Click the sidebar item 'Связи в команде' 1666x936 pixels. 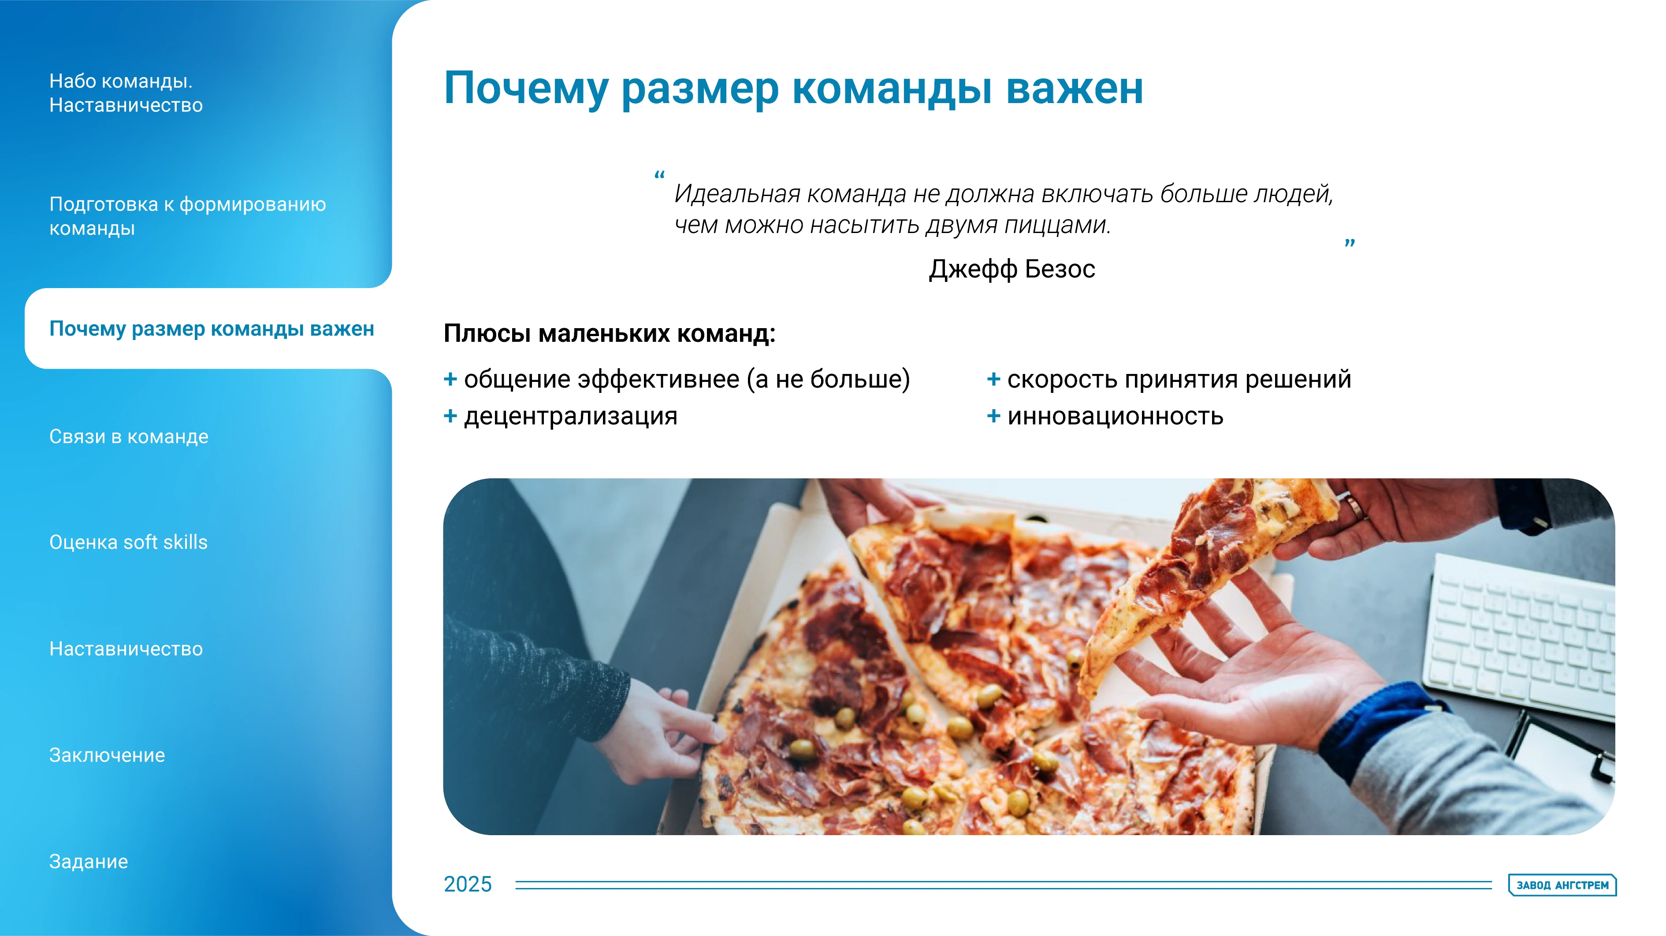(129, 437)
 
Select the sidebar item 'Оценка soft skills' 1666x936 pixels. (128, 542)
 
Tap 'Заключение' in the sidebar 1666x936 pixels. (107, 755)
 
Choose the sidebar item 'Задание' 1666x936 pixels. (89, 862)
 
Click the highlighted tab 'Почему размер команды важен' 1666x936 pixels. (212, 329)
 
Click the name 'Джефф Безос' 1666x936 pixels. (1012, 269)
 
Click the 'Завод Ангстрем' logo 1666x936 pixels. (1562, 885)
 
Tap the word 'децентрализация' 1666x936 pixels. (570, 416)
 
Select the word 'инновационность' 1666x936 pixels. (1115, 416)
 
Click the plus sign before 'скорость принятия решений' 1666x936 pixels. (993, 379)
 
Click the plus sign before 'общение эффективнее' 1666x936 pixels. (450, 379)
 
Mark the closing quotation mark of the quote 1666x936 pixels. (1350, 244)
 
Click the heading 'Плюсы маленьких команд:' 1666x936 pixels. (609, 333)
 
